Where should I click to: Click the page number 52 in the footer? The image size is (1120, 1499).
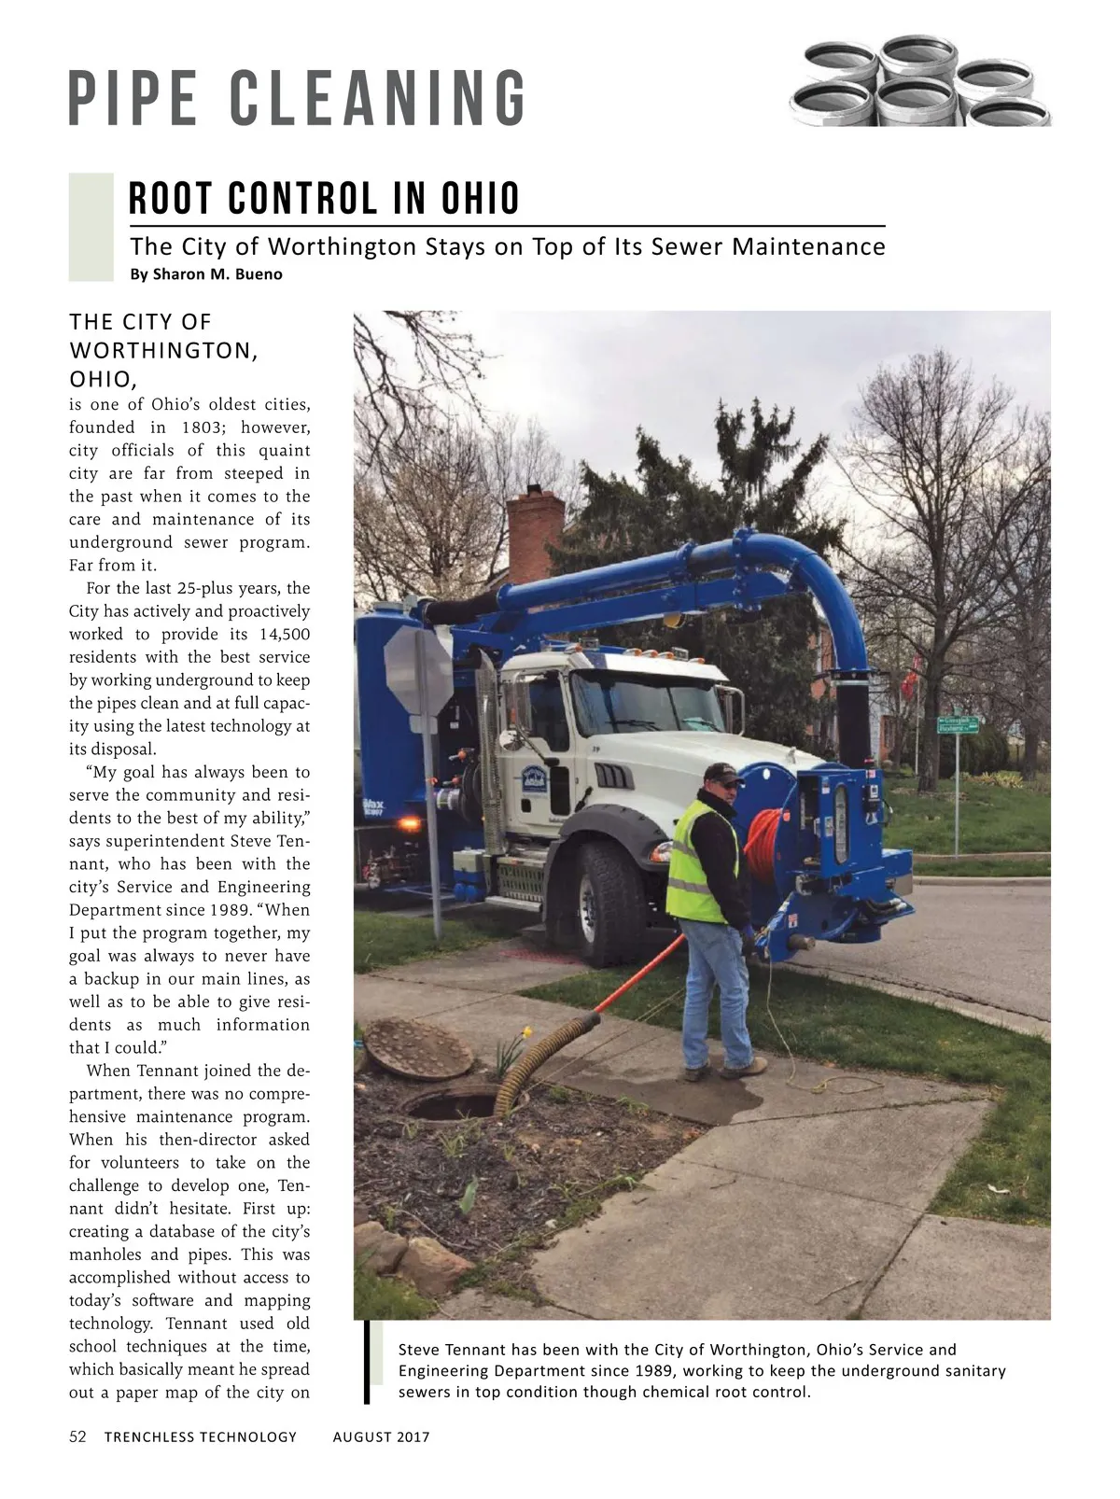coord(77,1436)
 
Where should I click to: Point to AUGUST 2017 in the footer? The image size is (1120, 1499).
coord(381,1436)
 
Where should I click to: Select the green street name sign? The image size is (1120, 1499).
coord(959,723)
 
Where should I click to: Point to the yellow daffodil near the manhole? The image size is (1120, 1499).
coord(526,1032)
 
